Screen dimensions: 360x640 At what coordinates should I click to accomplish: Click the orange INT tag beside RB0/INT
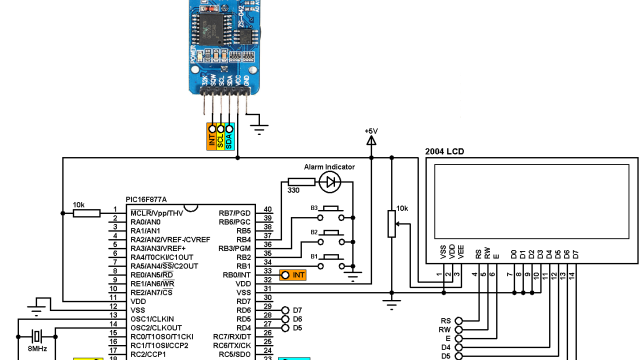coord(293,274)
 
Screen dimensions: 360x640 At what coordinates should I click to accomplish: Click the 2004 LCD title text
coord(446,152)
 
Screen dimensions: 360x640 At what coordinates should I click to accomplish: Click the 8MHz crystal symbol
coord(38,336)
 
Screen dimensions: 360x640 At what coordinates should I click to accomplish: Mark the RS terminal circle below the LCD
coord(459,320)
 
